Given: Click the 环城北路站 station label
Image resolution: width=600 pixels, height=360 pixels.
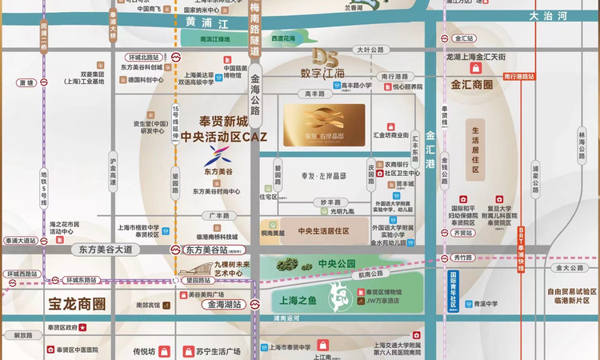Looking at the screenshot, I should pyautogui.click(x=143, y=58).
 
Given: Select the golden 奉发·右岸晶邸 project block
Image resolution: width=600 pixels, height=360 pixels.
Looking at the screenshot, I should pyautogui.click(x=324, y=125).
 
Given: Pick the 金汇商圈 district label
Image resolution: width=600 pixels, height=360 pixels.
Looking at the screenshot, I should pyautogui.click(x=472, y=85).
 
